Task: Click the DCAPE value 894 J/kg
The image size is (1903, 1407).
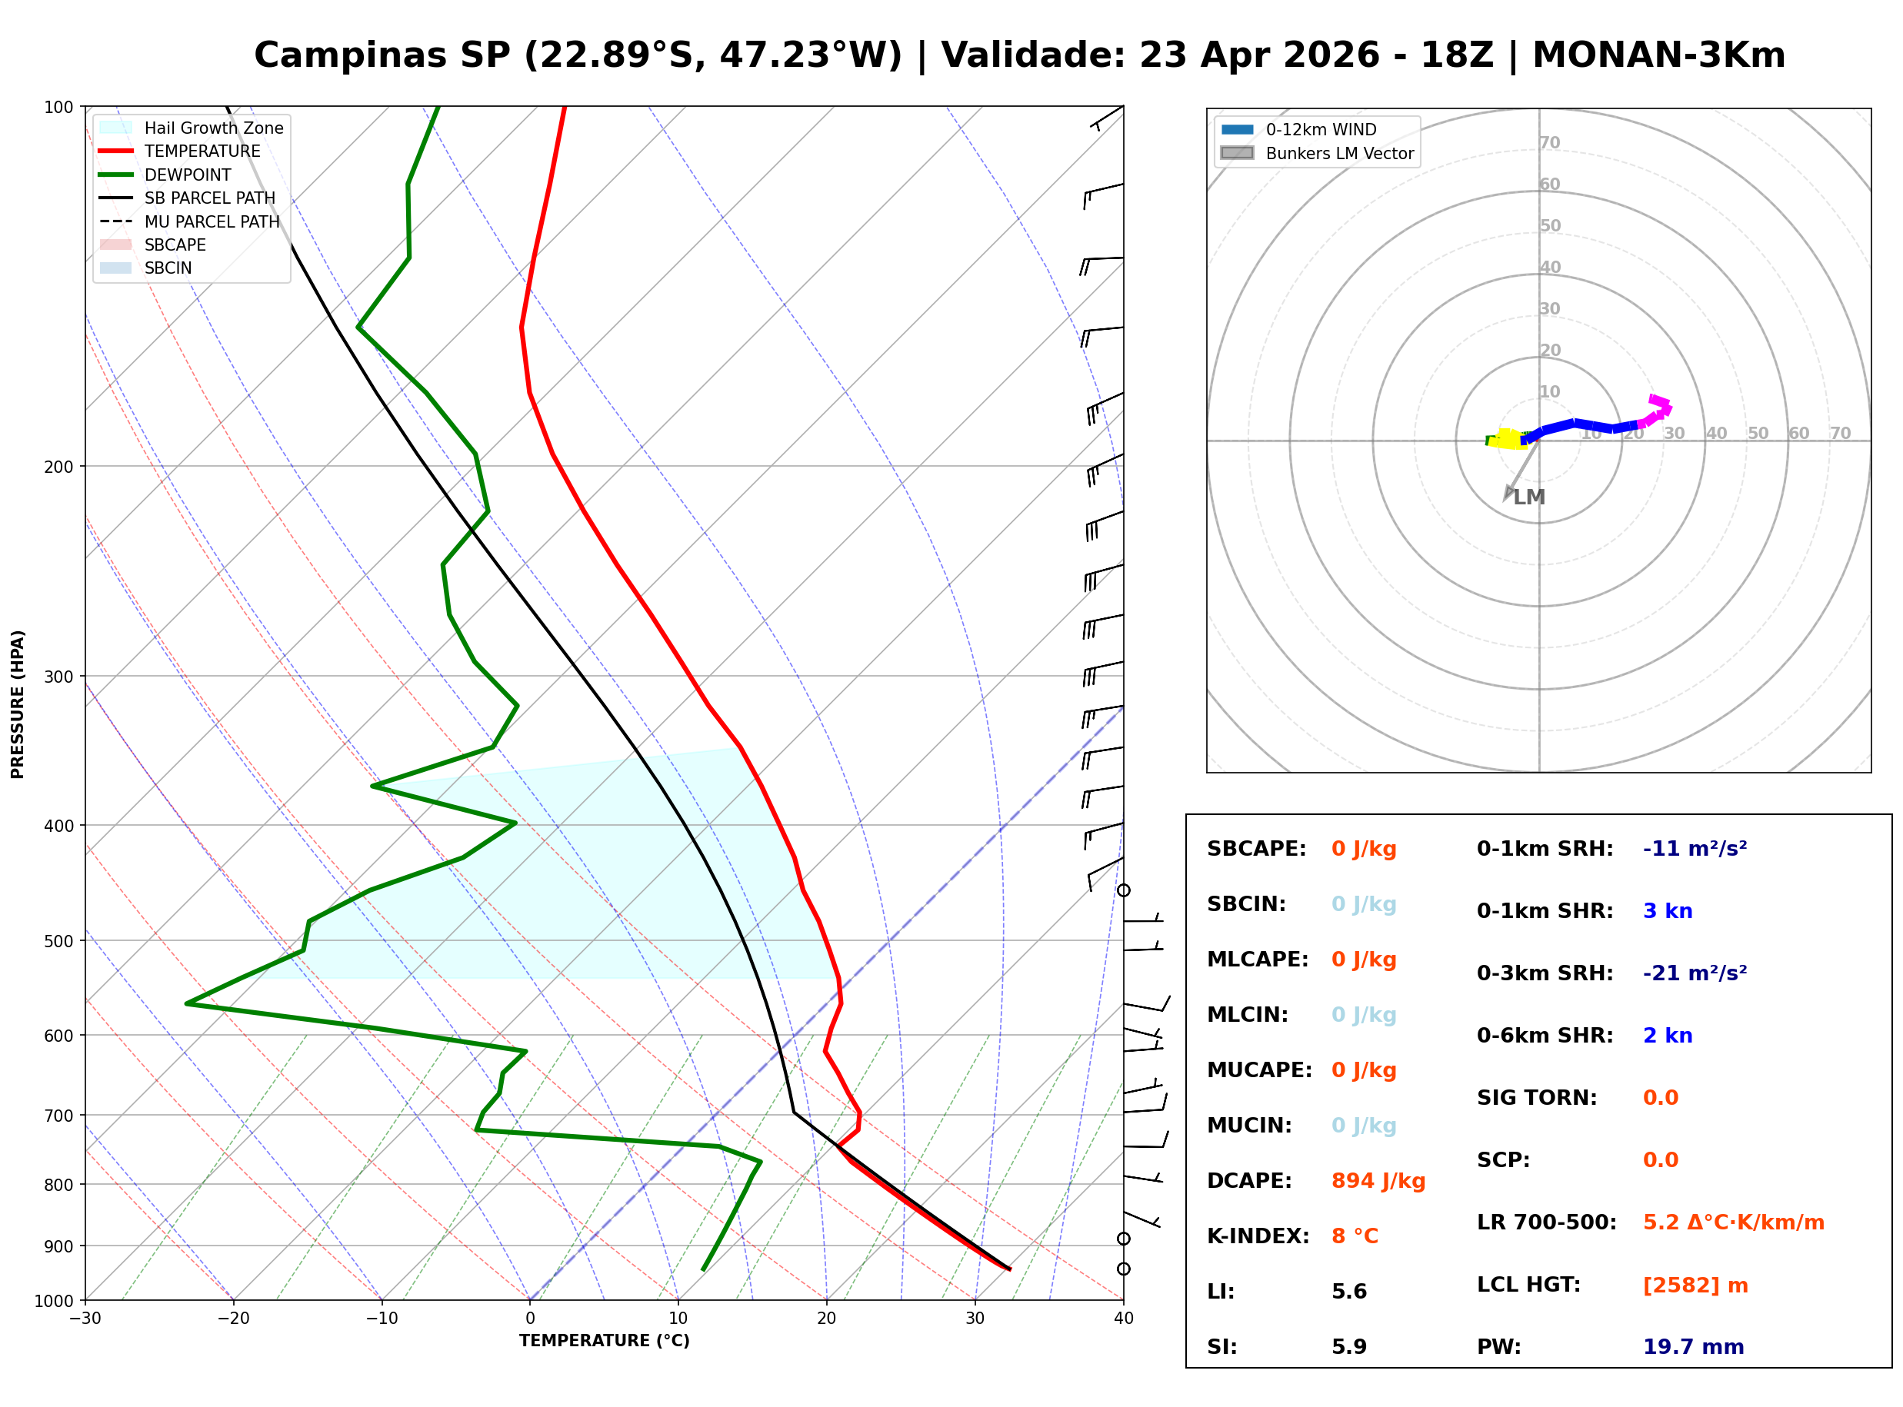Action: click(1378, 1180)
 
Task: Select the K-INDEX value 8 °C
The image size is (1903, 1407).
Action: click(1355, 1236)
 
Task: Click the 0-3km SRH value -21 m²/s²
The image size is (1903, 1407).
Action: click(1695, 973)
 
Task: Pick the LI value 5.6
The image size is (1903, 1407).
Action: click(1348, 1291)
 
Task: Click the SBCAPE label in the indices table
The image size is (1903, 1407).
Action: click(1255, 848)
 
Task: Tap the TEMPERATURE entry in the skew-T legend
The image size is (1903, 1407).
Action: click(202, 151)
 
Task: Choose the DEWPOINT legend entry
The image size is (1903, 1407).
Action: click(188, 175)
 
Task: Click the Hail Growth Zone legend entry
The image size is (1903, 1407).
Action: click(213, 128)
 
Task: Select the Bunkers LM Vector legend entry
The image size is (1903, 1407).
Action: click(1339, 153)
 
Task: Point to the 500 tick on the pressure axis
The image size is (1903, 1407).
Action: click(58, 941)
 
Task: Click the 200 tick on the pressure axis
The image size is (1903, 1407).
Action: click(58, 467)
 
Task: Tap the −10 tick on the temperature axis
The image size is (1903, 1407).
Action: click(381, 1319)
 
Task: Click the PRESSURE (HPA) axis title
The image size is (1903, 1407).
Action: click(17, 703)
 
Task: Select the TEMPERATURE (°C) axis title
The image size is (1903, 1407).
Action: click(604, 1341)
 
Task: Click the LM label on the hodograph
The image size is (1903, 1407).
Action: click(1529, 497)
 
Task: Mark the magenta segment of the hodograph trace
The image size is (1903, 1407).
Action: click(1658, 408)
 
